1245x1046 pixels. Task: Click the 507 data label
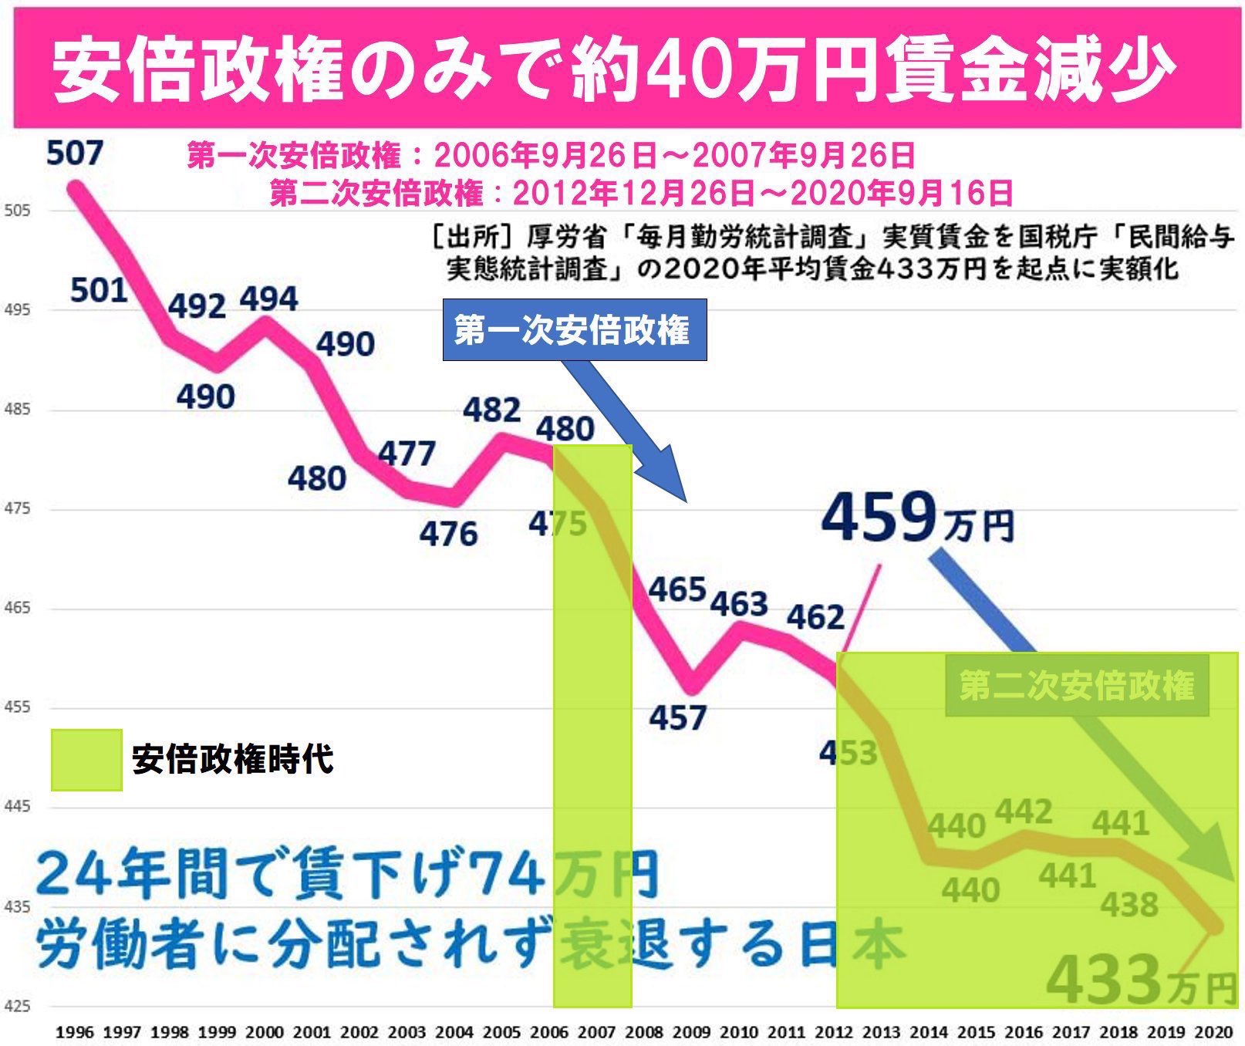[x=74, y=153]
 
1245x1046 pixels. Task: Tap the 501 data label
[x=99, y=291]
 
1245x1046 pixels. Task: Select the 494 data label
[x=268, y=299]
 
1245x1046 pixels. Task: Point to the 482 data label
[x=491, y=410]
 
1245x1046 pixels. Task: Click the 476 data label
[x=448, y=534]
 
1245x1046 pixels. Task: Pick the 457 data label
[x=677, y=718]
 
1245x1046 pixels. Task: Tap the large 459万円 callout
[x=916, y=518]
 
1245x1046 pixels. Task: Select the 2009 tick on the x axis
[x=691, y=1032]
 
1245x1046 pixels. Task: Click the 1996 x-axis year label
[x=74, y=1032]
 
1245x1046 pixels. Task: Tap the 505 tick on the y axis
[x=17, y=211]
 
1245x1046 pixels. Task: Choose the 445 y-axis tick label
[x=17, y=807]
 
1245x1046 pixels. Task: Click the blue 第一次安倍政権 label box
[x=574, y=331]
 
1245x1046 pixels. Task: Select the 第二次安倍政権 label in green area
[x=1077, y=685]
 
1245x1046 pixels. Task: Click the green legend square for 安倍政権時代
[x=86, y=760]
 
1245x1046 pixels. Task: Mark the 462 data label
[x=815, y=617]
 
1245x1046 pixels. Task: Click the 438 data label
[x=1129, y=905]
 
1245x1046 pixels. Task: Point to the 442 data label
[x=1024, y=811]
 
